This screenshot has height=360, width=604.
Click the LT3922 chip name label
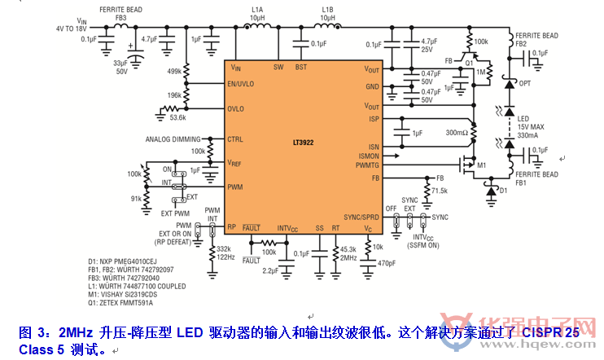pyautogui.click(x=304, y=140)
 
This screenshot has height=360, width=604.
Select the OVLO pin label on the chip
pyautogui.click(x=237, y=108)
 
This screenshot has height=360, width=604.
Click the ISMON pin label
pyautogui.click(x=369, y=156)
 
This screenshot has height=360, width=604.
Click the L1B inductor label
pyautogui.click(x=328, y=10)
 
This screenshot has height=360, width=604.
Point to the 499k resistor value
pyautogui.click(x=174, y=71)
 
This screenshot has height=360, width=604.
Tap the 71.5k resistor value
pyautogui.click(x=440, y=191)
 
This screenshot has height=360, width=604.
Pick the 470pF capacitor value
pyautogui.click(x=387, y=262)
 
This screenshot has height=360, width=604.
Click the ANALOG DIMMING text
pyautogui.click(x=172, y=139)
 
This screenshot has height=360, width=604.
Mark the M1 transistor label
pyautogui.click(x=482, y=165)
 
